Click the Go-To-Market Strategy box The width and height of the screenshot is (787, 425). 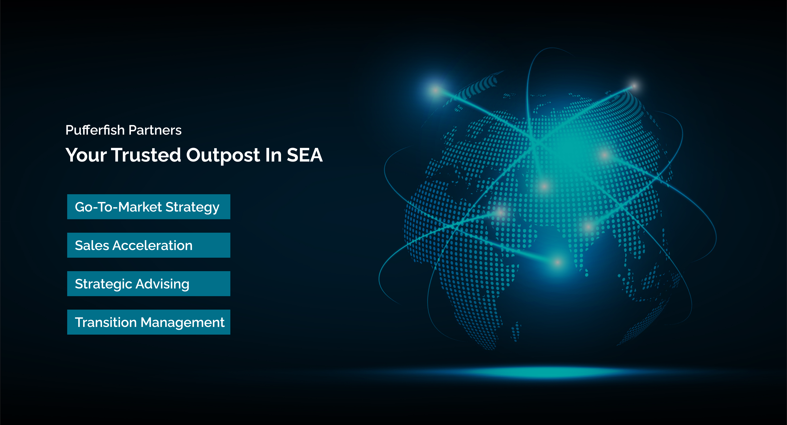[149, 207]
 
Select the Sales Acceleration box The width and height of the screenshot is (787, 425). [149, 245]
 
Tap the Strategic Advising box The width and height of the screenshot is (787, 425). [149, 284]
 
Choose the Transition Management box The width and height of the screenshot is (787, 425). [149, 322]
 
